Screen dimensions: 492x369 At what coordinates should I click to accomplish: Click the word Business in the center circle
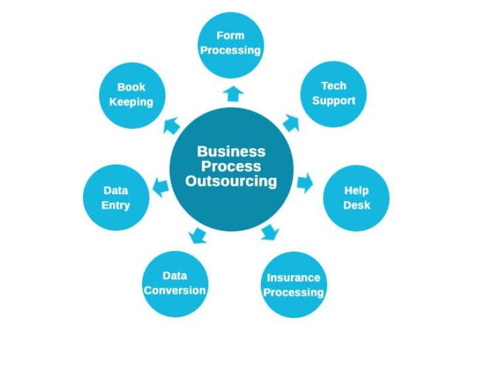pos(231,151)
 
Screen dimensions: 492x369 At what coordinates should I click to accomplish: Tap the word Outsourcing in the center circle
pos(231,181)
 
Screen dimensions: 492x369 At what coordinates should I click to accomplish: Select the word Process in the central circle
pos(231,166)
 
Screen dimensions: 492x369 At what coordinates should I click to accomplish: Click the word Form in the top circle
pos(230,36)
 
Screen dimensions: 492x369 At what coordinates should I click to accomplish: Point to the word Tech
pos(334,85)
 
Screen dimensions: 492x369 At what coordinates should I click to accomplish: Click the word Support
pos(334,101)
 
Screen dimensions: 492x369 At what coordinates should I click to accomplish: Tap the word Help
pos(357,191)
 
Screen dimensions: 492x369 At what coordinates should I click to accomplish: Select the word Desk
pos(357,205)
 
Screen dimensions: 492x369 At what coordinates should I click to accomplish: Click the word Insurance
pos(293,278)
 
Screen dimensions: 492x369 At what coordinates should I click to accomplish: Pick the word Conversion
pos(175,290)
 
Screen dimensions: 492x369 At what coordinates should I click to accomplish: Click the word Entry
pos(116,205)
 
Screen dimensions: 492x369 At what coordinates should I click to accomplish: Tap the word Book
pos(131,87)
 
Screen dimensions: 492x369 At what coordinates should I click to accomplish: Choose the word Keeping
pos(131,102)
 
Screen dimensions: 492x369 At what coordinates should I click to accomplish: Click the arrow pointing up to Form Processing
pos(233,94)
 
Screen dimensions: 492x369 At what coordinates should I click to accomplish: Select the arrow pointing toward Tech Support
pos(291,124)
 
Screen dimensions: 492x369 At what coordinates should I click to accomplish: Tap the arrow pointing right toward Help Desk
pos(305,183)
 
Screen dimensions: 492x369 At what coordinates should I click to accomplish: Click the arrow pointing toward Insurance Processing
pos(270,232)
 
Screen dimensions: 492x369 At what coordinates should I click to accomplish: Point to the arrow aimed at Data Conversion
pos(197,236)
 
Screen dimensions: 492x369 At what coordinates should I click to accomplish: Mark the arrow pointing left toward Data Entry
pos(161,187)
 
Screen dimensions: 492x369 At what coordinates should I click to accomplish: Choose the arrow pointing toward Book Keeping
pos(172,126)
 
